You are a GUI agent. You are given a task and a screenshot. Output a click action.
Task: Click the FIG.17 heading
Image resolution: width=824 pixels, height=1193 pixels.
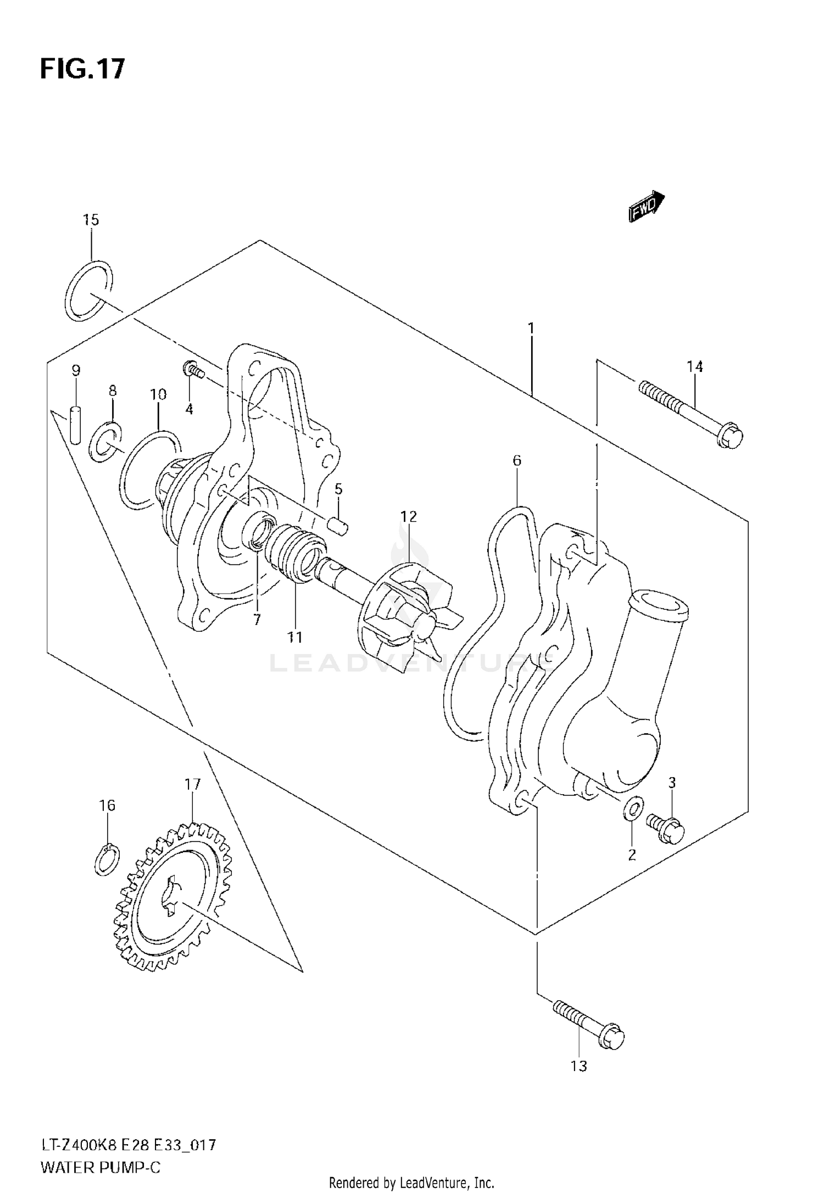[x=82, y=69]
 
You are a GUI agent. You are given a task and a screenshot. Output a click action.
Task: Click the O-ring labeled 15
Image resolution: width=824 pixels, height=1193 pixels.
[x=88, y=291]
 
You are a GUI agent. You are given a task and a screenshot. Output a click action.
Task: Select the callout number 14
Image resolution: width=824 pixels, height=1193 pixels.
[x=694, y=366]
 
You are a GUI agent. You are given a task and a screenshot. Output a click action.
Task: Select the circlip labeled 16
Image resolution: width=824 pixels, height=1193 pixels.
[x=104, y=858]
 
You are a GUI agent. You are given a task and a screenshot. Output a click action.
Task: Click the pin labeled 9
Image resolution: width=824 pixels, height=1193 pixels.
[x=76, y=424]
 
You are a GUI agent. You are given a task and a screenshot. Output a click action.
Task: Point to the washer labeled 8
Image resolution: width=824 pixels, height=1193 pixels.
[x=105, y=442]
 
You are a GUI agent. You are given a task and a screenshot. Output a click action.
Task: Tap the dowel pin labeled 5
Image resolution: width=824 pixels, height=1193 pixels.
[x=338, y=526]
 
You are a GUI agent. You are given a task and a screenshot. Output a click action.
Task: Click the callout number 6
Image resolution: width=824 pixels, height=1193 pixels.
[x=516, y=460]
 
